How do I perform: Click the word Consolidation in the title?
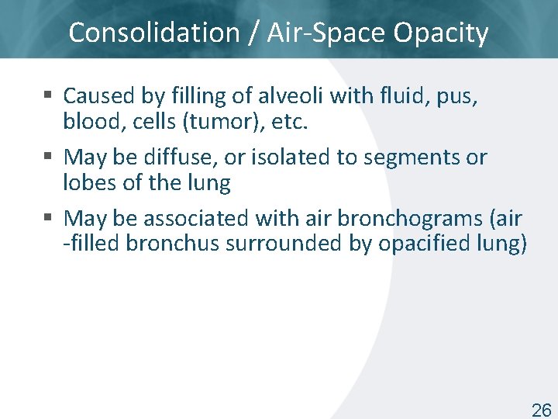coord(154,33)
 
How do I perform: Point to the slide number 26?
coord(541,410)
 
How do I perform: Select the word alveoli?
coord(288,95)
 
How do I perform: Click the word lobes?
coord(87,182)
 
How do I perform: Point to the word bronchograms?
coord(415,218)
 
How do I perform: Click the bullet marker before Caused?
coord(48,96)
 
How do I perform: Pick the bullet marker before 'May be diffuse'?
coord(48,158)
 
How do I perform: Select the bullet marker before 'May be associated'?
coord(48,219)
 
